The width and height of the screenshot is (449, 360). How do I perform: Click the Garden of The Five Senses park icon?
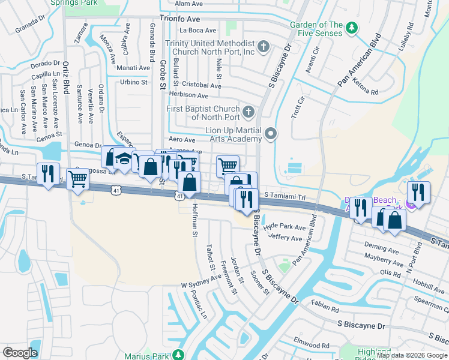click(x=352, y=28)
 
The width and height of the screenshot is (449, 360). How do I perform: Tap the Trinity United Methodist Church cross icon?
click(x=263, y=46)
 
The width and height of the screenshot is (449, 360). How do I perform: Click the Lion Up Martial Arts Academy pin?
click(x=271, y=134)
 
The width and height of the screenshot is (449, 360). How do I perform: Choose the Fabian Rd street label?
click(x=325, y=307)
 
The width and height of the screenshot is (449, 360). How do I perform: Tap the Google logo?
click(x=20, y=353)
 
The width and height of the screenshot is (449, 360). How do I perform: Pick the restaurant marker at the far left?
click(x=48, y=174)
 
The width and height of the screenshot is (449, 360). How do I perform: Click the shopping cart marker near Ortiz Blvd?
click(x=79, y=179)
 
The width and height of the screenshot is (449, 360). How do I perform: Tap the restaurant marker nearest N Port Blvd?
click(x=418, y=193)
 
